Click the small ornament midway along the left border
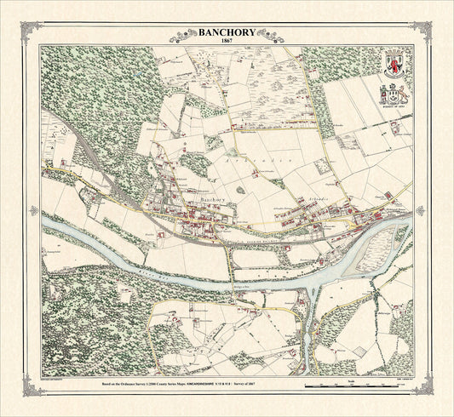[x=30, y=208]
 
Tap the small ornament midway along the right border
[x=424, y=208]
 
